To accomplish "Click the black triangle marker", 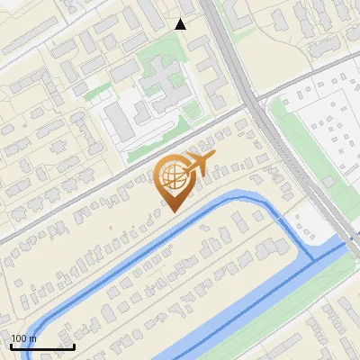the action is coord(181,24).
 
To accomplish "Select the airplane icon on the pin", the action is coord(200,163).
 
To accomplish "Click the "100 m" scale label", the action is coord(24,338).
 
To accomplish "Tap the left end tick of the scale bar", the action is coord(11,345).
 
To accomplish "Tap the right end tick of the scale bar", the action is coord(74,345).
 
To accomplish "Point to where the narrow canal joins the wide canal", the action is coord(312,258).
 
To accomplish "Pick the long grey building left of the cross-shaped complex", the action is coord(117,117).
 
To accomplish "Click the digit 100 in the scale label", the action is coord(19,338).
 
